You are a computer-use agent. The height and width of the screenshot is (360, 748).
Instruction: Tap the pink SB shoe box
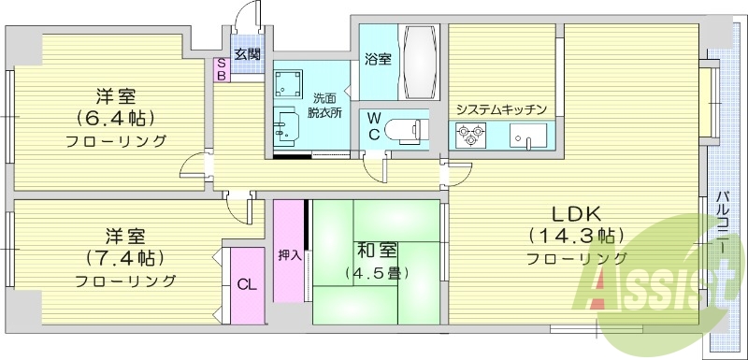[222, 69]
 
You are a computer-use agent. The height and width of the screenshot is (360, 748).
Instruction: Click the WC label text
[373, 126]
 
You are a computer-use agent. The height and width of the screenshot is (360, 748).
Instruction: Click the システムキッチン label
[500, 109]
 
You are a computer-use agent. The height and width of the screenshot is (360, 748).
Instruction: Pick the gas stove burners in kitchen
[467, 137]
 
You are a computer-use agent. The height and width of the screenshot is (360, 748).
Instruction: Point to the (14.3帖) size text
[575, 235]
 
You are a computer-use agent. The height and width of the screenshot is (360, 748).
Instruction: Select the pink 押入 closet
[289, 253]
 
